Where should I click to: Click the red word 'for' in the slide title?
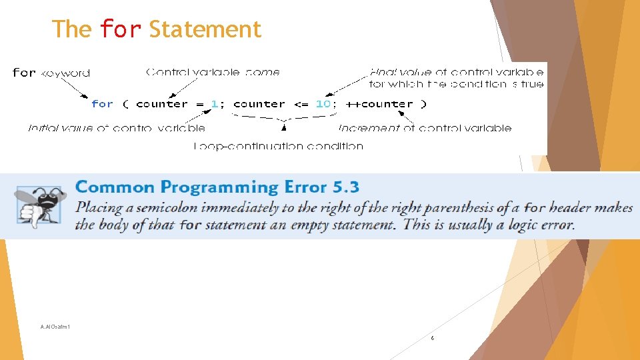pos(120,29)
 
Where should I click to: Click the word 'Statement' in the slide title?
pos(205,29)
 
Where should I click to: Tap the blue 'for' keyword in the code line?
pos(102,104)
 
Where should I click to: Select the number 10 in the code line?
pos(323,104)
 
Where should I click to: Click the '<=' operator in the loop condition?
pos(301,104)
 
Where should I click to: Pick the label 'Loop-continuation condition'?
pos(279,146)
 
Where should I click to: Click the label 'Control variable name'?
pos(213,72)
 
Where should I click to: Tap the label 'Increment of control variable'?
pos(425,128)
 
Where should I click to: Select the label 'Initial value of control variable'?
pos(117,128)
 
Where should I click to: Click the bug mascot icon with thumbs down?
pos(40,205)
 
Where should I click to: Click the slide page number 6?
pos(432,339)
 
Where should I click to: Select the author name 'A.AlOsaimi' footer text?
pos(55,327)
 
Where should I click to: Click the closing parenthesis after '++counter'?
pos(423,104)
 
